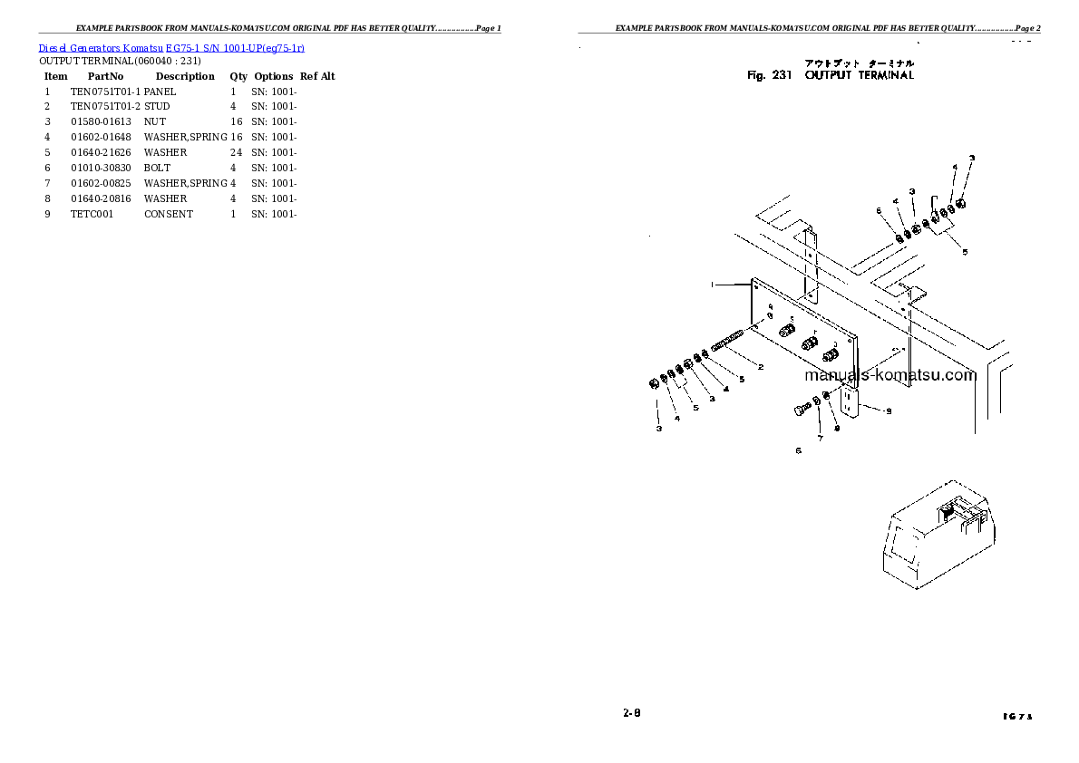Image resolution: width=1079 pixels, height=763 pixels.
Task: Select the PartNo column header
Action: pos(105,76)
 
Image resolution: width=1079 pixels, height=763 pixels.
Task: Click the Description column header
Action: pos(185,76)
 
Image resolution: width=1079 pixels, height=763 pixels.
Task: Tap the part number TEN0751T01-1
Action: pos(105,92)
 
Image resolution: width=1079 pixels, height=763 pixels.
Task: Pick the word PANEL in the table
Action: pos(160,92)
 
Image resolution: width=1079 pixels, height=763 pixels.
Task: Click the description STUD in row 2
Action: pos(157,107)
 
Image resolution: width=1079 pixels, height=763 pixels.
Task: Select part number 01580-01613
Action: pos(100,122)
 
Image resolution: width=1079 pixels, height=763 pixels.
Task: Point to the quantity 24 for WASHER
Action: pos(236,152)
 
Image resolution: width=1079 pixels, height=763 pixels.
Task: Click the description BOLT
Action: pos(157,168)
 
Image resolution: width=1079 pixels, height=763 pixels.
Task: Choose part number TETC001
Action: pos(92,214)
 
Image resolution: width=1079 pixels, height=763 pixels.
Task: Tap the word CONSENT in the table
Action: pos(168,214)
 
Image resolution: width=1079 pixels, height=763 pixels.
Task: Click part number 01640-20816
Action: pos(100,198)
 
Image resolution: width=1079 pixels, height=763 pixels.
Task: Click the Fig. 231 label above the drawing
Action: pos(770,76)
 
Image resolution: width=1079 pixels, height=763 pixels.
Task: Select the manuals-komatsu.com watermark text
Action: pos(889,375)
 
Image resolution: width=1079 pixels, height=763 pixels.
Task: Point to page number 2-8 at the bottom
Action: pos(632,713)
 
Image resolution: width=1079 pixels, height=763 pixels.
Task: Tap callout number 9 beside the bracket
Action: pos(889,411)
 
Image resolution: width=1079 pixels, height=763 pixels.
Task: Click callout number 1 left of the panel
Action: pos(713,285)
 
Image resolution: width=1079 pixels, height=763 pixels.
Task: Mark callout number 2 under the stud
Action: pos(760,367)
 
